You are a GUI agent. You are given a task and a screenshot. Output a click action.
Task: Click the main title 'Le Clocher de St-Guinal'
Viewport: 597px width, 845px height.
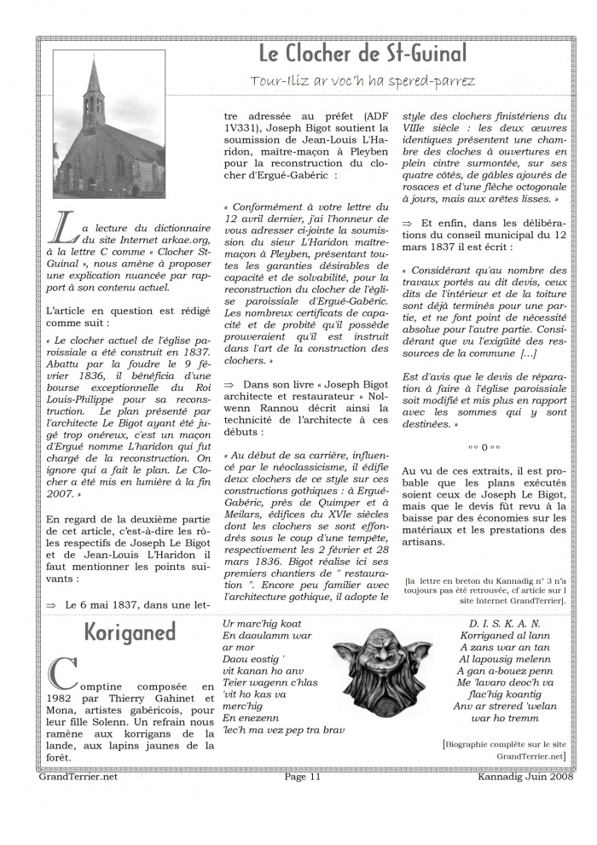click(362, 55)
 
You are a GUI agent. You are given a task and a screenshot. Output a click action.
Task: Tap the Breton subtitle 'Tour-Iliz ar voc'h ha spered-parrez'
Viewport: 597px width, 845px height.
click(362, 80)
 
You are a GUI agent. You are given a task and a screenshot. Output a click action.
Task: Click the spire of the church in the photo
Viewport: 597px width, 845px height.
click(93, 81)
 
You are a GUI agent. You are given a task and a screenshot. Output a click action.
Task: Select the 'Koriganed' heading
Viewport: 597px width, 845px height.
click(130, 632)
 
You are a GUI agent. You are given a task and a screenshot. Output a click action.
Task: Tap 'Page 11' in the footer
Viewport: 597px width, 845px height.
click(303, 777)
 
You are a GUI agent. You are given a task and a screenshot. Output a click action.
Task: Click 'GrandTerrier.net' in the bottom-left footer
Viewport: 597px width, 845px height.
click(78, 777)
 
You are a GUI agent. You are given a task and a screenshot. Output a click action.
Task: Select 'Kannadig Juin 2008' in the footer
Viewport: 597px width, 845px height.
click(525, 777)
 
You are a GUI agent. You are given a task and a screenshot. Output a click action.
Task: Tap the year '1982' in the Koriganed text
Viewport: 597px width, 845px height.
click(65, 698)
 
